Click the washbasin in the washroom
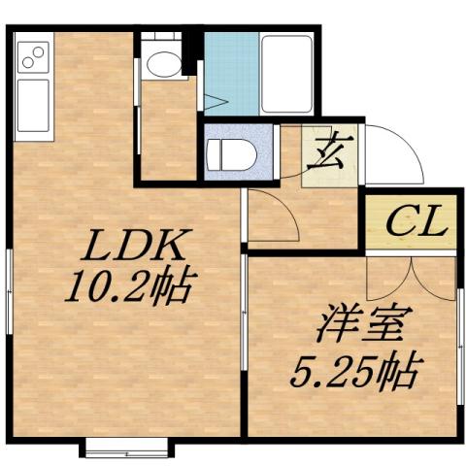coord(162,63)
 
